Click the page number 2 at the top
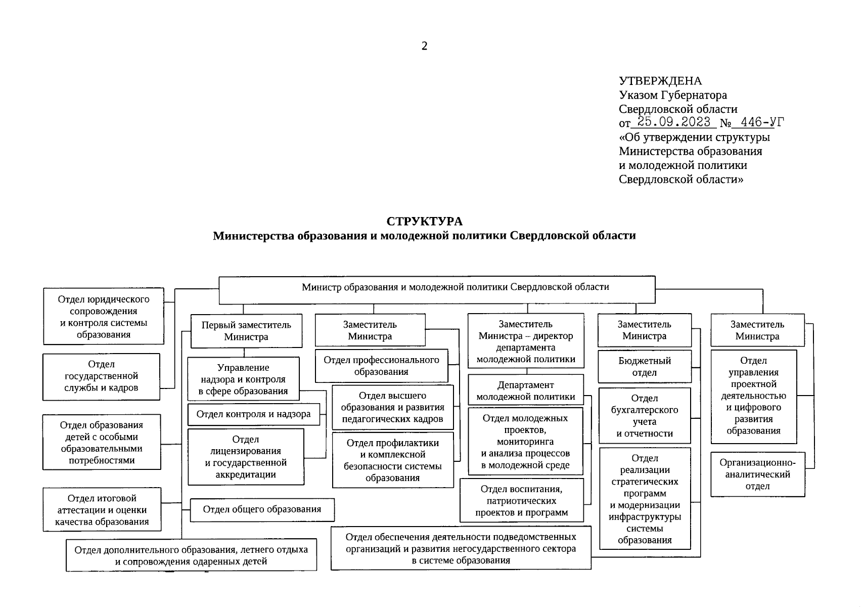click(x=424, y=46)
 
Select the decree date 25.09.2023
click(x=674, y=122)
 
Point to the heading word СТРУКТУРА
click(x=424, y=222)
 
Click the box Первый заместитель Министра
click(x=246, y=331)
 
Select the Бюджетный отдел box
click(x=644, y=366)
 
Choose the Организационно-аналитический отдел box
click(x=757, y=474)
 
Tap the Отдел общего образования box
click(x=262, y=509)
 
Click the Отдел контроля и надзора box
click(x=253, y=414)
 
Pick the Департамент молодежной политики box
click(x=525, y=391)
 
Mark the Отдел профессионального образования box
click(x=381, y=366)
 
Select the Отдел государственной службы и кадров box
click(x=101, y=376)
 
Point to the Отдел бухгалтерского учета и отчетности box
click(x=644, y=415)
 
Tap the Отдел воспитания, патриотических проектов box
click(x=521, y=500)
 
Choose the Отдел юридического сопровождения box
click(x=104, y=316)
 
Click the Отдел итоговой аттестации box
click(x=102, y=509)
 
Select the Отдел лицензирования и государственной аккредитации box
click(x=246, y=457)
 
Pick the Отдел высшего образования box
click(x=392, y=407)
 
